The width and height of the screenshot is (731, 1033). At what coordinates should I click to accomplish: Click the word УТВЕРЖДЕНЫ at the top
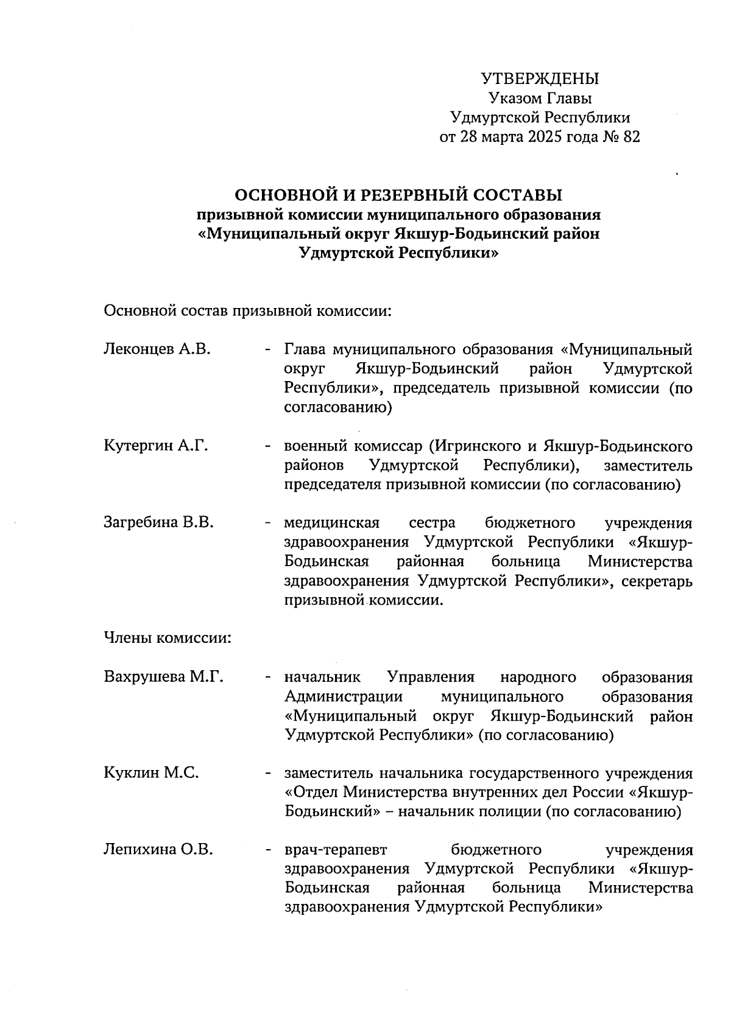click(x=540, y=79)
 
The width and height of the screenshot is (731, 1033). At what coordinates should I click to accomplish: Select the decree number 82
click(x=631, y=138)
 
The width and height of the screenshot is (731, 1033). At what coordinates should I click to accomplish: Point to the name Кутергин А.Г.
click(x=156, y=446)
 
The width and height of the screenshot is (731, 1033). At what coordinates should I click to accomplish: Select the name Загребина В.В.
click(x=158, y=522)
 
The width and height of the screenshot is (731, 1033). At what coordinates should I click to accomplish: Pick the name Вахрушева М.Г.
click(x=164, y=677)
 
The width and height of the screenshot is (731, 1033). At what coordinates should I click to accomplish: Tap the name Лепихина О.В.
click(x=158, y=850)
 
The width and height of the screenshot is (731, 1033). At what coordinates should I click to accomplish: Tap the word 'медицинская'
click(x=332, y=523)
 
